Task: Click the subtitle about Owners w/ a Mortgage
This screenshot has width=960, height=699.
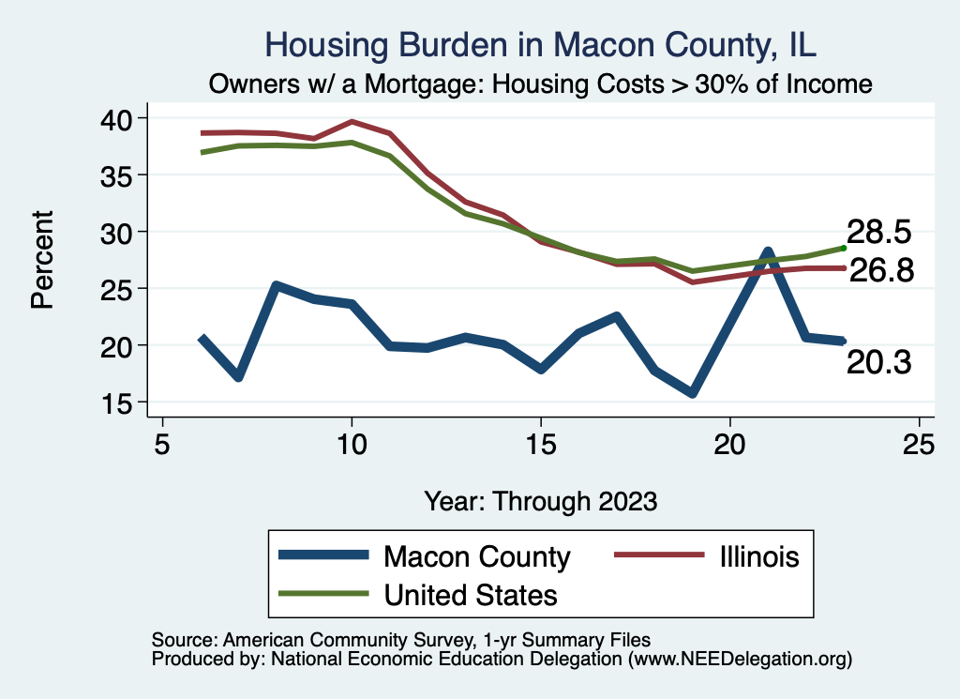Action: [x=541, y=84]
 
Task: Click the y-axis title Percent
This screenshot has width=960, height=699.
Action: [x=41, y=260]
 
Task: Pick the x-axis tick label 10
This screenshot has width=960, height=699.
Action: [x=352, y=444]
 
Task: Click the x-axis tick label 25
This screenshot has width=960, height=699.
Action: [x=919, y=444]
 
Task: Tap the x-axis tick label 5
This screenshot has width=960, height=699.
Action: [x=163, y=444]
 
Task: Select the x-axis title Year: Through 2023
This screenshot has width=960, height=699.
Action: [x=541, y=500]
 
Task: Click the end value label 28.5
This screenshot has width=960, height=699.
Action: [x=878, y=232]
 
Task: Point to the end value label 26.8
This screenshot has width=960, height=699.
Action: [x=878, y=271]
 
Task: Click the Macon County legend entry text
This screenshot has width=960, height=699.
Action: [x=476, y=557]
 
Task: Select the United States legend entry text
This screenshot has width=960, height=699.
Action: [x=471, y=594]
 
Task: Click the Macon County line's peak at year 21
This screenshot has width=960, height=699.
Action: [x=768, y=252]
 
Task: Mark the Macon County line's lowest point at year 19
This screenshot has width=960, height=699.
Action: [x=692, y=393]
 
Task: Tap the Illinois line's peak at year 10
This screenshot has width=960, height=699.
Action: [x=352, y=121]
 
